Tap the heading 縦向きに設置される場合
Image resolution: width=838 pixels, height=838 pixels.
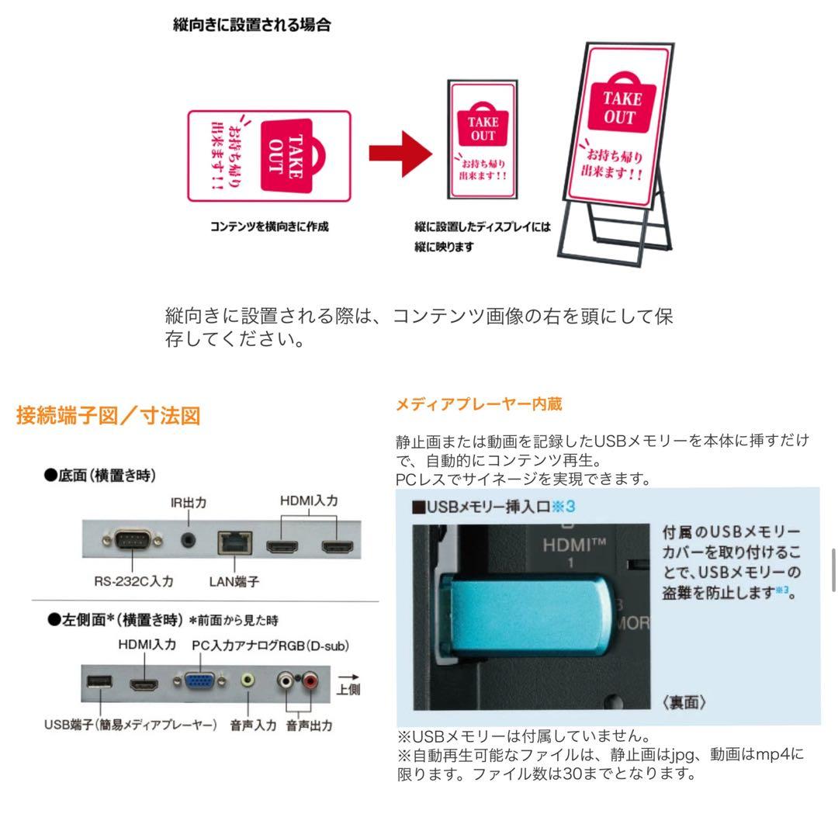point(251,25)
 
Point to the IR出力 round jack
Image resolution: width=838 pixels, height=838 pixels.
point(188,538)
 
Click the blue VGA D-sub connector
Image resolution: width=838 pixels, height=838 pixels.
point(201,680)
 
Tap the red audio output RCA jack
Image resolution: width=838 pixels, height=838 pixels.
point(310,681)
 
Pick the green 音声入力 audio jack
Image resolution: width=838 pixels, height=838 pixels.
point(248,680)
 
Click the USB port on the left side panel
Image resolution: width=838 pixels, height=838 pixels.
point(99,682)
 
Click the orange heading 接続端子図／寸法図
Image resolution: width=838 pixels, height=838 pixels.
point(109,416)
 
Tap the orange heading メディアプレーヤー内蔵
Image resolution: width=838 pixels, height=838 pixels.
point(479,403)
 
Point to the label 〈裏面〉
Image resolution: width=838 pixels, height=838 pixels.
point(684,703)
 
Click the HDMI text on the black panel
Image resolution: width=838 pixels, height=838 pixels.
point(573,544)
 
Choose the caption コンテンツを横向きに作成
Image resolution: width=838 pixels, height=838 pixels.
point(269,227)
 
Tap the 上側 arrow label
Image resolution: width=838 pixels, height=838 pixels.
point(348,684)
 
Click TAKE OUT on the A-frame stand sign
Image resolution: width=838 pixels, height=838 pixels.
point(622,108)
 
